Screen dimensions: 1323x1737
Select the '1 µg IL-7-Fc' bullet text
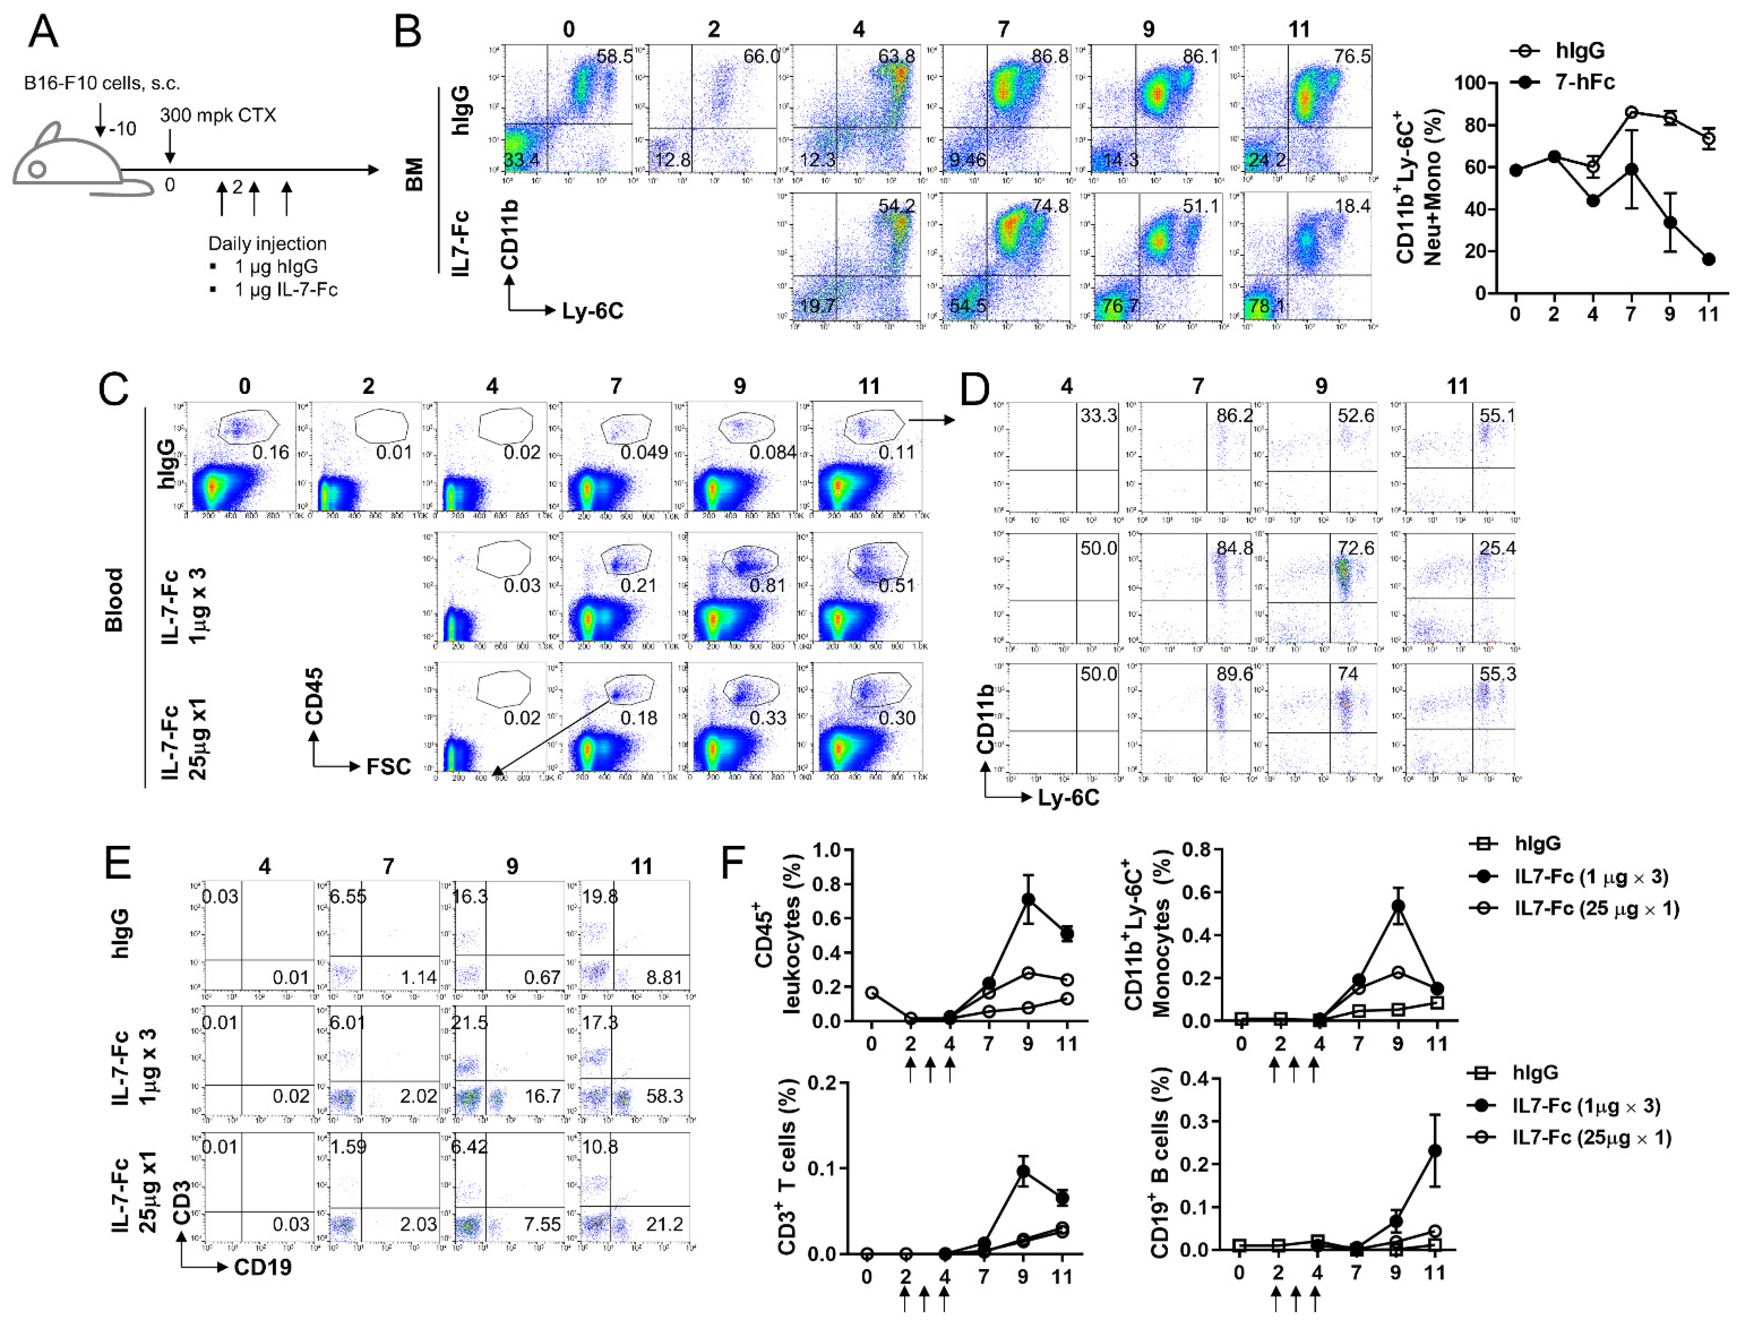coord(285,290)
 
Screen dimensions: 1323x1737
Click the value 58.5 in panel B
coord(614,57)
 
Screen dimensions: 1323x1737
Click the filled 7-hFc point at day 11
coord(1708,259)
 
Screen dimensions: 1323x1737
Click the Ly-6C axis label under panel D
coord(1068,798)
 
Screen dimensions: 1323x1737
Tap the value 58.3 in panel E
coord(665,1096)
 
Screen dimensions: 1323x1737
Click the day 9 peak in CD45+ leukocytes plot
coord(1028,899)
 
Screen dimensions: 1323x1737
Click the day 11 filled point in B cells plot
coord(1435,1151)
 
